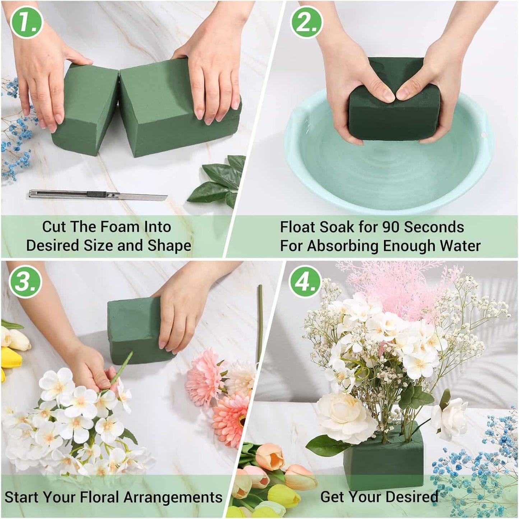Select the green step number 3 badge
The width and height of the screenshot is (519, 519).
point(26,281)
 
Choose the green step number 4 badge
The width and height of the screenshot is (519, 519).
point(305,281)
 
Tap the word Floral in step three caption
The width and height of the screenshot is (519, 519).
point(99,497)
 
